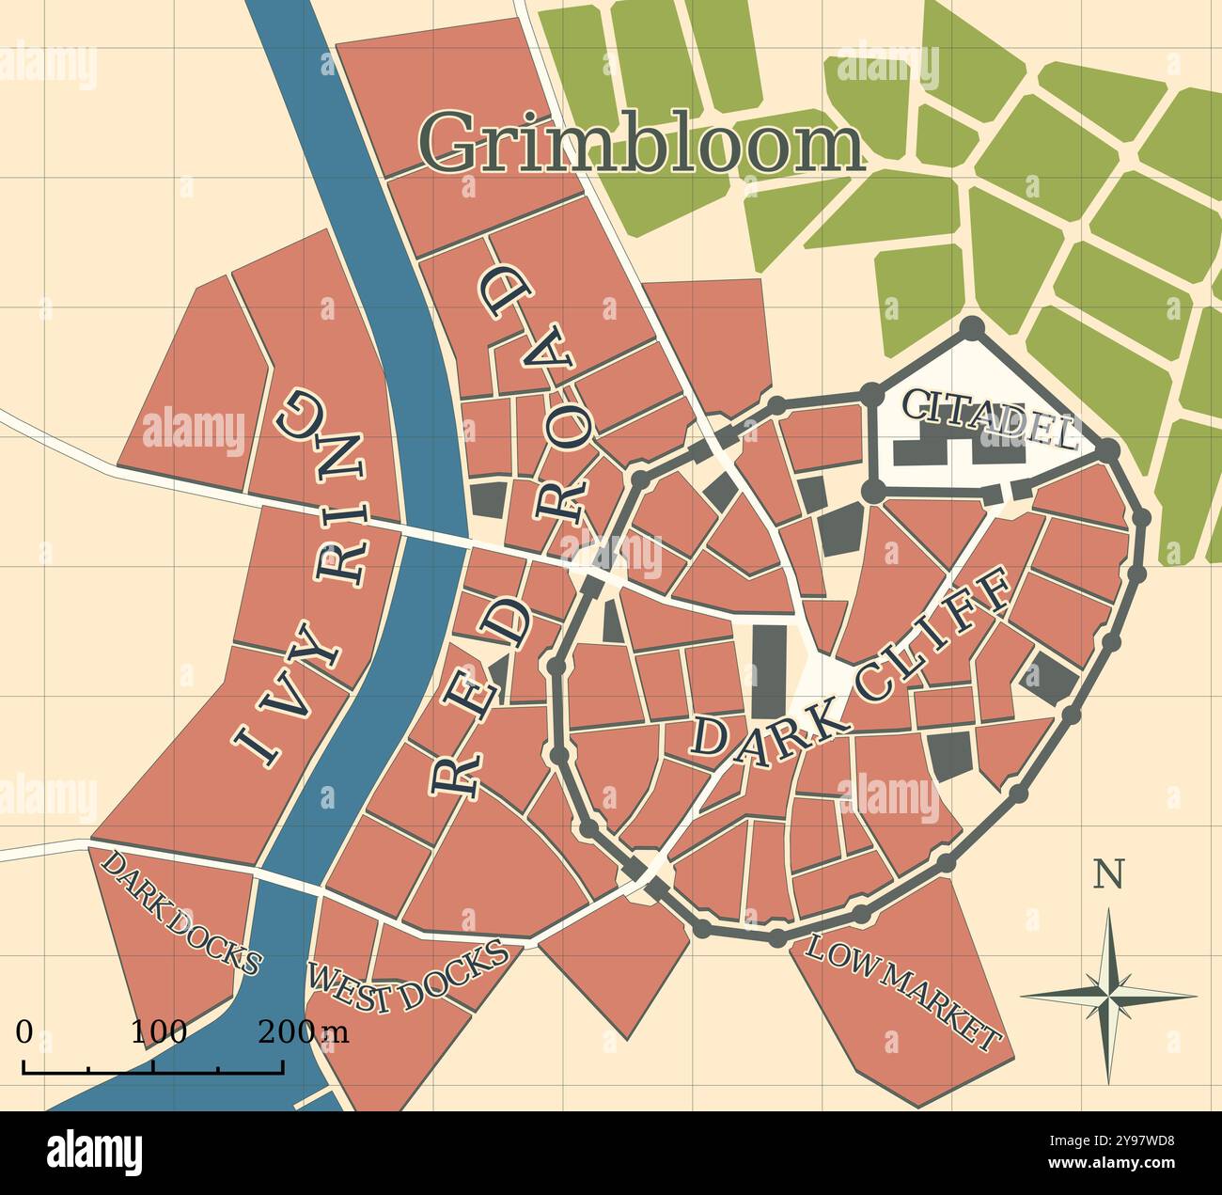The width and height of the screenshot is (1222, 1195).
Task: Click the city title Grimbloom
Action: (640, 143)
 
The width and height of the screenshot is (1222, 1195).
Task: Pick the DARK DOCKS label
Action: (179, 910)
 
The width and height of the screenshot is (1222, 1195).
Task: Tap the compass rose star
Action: (1108, 994)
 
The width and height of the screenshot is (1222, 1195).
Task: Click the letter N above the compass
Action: (1108, 875)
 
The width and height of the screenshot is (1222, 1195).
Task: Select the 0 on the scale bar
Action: (23, 1031)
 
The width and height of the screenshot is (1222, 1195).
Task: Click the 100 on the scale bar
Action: (158, 1031)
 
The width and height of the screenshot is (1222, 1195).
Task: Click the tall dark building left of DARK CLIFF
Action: (768, 671)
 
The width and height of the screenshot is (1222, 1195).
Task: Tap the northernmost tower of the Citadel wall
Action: (972, 328)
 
